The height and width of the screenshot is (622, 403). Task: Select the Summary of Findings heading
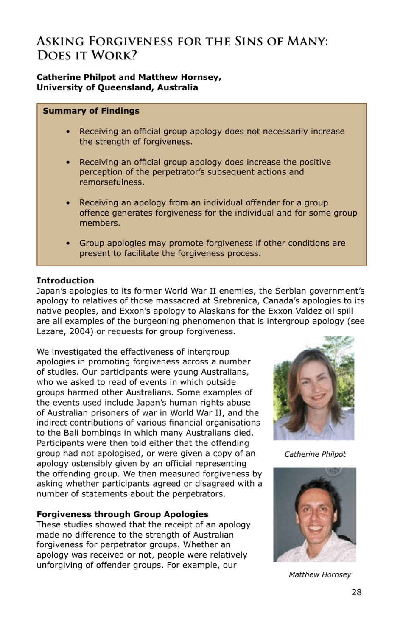[x=91, y=111]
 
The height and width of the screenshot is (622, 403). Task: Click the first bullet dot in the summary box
[x=68, y=132]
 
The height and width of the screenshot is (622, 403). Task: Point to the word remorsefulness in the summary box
[x=112, y=182]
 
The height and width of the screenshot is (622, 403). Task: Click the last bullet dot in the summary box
[x=68, y=244]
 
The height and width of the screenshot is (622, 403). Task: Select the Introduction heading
[x=65, y=280]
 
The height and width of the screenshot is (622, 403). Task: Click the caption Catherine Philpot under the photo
[x=315, y=454]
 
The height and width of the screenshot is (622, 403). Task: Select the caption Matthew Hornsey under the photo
[x=320, y=574]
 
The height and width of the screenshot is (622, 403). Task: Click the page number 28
[x=356, y=592]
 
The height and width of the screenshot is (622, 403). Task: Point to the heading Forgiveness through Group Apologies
[x=122, y=514]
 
